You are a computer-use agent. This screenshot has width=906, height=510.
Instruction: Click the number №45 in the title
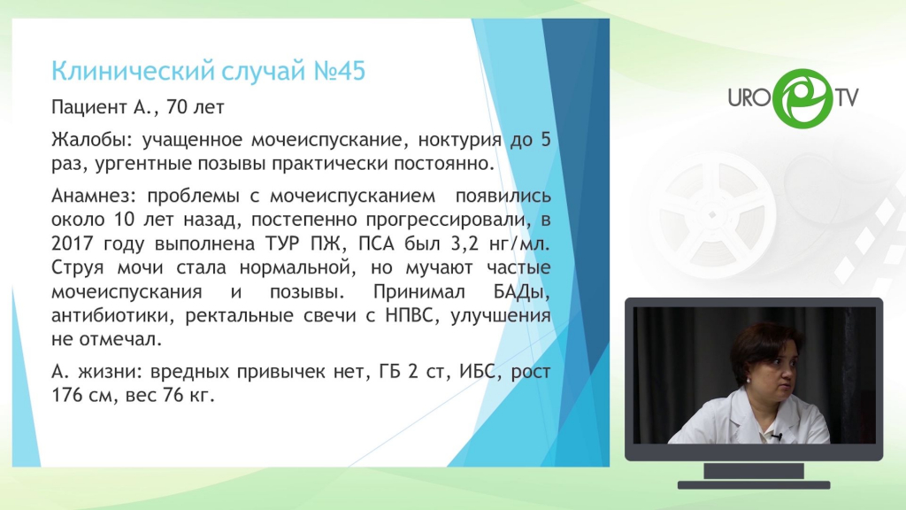pos(340,71)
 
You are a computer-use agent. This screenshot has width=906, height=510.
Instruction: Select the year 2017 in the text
pos(73,243)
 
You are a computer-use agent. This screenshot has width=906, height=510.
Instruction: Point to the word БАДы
pos(521,291)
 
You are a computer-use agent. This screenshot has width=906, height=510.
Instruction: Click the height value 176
pos(67,396)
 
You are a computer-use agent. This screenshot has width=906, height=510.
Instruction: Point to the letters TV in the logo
pos(846,97)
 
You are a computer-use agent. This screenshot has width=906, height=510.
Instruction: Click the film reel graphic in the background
pos(712,214)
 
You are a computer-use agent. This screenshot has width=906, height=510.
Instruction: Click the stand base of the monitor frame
pos(754,484)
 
